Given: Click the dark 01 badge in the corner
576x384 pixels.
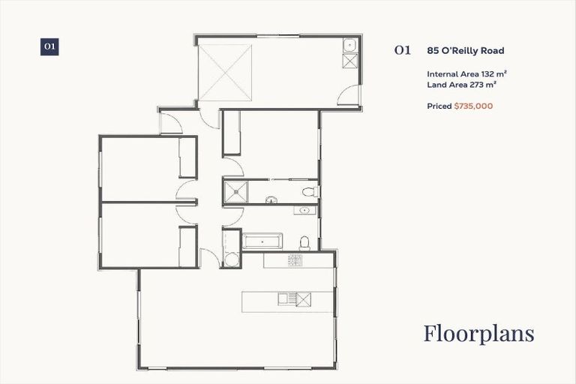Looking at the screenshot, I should coord(49,46).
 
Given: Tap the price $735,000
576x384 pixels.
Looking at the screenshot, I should coord(473,106).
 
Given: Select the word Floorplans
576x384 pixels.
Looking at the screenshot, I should coord(478,333).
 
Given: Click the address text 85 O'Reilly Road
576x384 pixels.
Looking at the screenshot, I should coord(465,51).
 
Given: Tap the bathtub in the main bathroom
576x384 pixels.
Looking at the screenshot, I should coord(262,241).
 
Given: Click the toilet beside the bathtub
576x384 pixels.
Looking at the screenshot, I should coord(304,242).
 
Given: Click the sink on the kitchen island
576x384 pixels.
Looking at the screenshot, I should coord(287,300).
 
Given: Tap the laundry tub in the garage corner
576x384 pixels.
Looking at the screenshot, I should coord(350,46).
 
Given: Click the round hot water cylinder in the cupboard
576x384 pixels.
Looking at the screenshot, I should coord(231,259).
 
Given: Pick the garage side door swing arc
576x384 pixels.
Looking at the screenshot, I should coord(347,95).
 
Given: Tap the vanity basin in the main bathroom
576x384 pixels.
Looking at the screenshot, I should coord(305,211).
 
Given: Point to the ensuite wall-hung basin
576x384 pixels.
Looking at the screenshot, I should coord(271,199).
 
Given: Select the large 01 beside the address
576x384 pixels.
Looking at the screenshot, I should coord(403,51).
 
